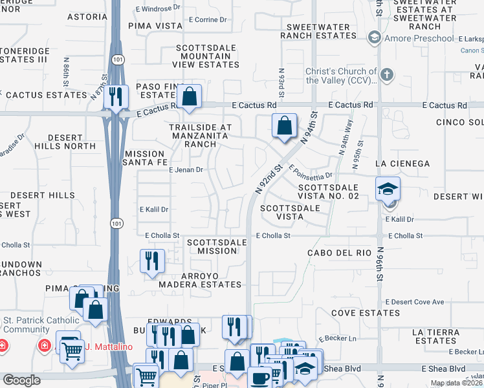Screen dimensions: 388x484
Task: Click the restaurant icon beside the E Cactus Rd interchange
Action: pyautogui.click(x=116, y=96)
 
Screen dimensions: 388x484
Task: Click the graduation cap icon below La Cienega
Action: pyautogui.click(x=388, y=188)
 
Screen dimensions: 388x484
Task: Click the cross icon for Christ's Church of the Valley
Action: pyautogui.click(x=387, y=74)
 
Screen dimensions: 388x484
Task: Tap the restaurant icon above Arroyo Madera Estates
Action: pyautogui.click(x=152, y=261)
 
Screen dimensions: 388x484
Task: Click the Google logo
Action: pyautogui.click(x=21, y=380)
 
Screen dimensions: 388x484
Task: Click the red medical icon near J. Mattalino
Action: pyautogui.click(x=44, y=346)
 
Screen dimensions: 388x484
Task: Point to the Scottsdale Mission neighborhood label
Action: pyautogui.click(x=217, y=246)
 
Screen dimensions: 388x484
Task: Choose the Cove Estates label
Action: pyautogui.click(x=365, y=313)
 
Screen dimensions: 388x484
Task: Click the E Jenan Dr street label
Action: pyautogui.click(x=186, y=170)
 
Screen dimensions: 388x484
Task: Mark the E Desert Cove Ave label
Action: pyautogui.click(x=414, y=302)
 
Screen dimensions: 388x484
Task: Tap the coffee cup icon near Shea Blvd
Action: pyautogui.click(x=261, y=378)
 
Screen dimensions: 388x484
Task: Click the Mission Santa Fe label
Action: pyautogui.click(x=144, y=158)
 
